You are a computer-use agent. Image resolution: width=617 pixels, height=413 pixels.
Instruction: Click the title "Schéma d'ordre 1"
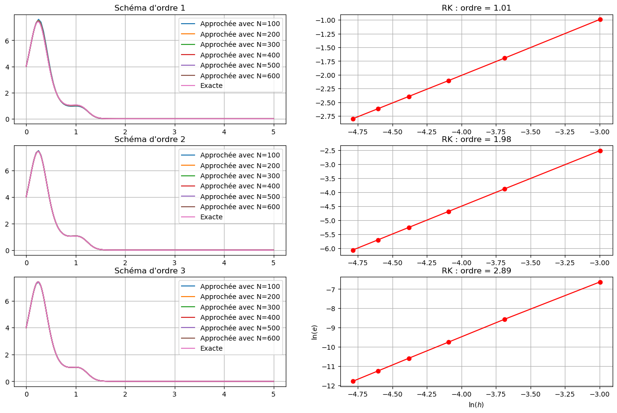149,8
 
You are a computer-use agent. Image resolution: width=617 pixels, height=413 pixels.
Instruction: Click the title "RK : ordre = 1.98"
477,140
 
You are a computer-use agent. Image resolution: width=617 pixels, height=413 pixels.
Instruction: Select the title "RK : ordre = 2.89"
477,271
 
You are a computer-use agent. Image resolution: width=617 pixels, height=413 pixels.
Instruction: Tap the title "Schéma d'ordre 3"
149,271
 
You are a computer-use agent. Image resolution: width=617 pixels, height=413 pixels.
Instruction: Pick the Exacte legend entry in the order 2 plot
211,217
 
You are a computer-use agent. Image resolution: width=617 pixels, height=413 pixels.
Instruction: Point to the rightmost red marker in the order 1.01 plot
600,19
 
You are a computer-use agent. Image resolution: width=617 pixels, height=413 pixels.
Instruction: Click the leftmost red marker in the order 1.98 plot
353,250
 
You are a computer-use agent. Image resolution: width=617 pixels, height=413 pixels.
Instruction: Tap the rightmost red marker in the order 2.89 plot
600,282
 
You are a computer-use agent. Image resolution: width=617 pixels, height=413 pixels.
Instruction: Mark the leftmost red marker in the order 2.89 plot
353,381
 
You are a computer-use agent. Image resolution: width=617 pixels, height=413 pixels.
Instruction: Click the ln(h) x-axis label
476,405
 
